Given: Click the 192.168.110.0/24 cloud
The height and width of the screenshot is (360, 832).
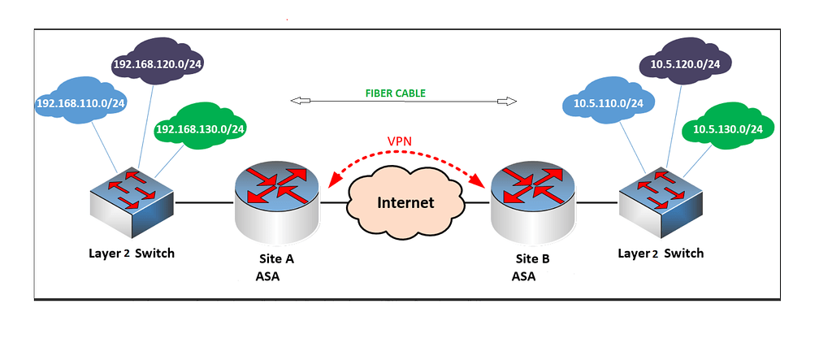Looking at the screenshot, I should (x=79, y=103).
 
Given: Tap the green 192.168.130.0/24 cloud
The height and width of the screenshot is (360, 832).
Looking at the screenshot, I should (x=200, y=128).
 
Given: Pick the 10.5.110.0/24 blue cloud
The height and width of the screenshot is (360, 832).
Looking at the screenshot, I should (x=609, y=103).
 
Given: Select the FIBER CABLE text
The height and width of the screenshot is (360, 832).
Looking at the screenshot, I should (x=396, y=93).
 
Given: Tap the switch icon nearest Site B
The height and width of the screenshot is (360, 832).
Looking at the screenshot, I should (x=659, y=200).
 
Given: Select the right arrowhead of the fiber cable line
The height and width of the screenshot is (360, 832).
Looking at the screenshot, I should (x=509, y=101).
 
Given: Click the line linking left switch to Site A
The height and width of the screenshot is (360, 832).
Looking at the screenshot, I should (x=204, y=202).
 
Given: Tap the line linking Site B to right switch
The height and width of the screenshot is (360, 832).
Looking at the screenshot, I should (x=597, y=202).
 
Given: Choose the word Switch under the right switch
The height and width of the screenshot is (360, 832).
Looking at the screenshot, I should (x=683, y=253).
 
